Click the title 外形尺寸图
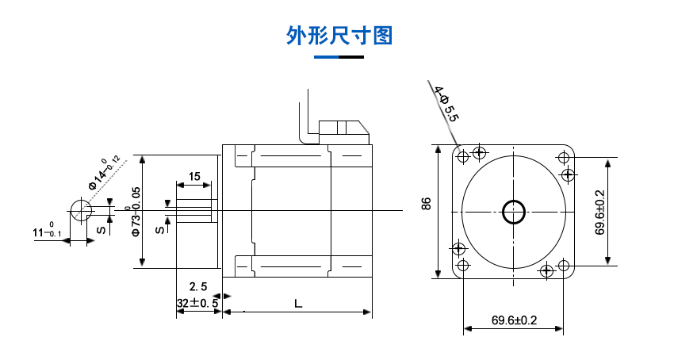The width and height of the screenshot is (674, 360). coord(339,36)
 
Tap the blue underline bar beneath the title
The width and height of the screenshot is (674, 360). coord(339,57)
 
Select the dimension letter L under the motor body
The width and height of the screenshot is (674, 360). coord(297,303)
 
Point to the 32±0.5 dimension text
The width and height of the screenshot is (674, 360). coord(197,303)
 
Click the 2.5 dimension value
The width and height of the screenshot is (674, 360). coord(198,286)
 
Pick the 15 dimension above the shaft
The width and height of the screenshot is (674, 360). coord(194,176)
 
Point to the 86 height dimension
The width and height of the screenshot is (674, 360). coord(427,203)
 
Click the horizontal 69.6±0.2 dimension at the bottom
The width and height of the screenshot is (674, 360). coord(514,320)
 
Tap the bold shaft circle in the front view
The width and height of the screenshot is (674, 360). coord(514,211)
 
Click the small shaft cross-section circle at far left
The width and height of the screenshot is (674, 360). coord(82,211)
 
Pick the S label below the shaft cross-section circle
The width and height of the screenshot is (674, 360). coord(101,230)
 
